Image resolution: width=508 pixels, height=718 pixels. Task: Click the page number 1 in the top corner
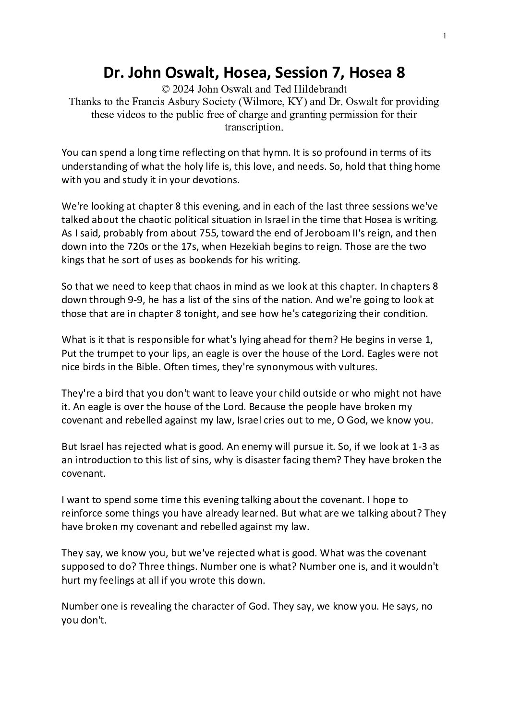446,35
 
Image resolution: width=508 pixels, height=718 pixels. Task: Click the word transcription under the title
254,127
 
